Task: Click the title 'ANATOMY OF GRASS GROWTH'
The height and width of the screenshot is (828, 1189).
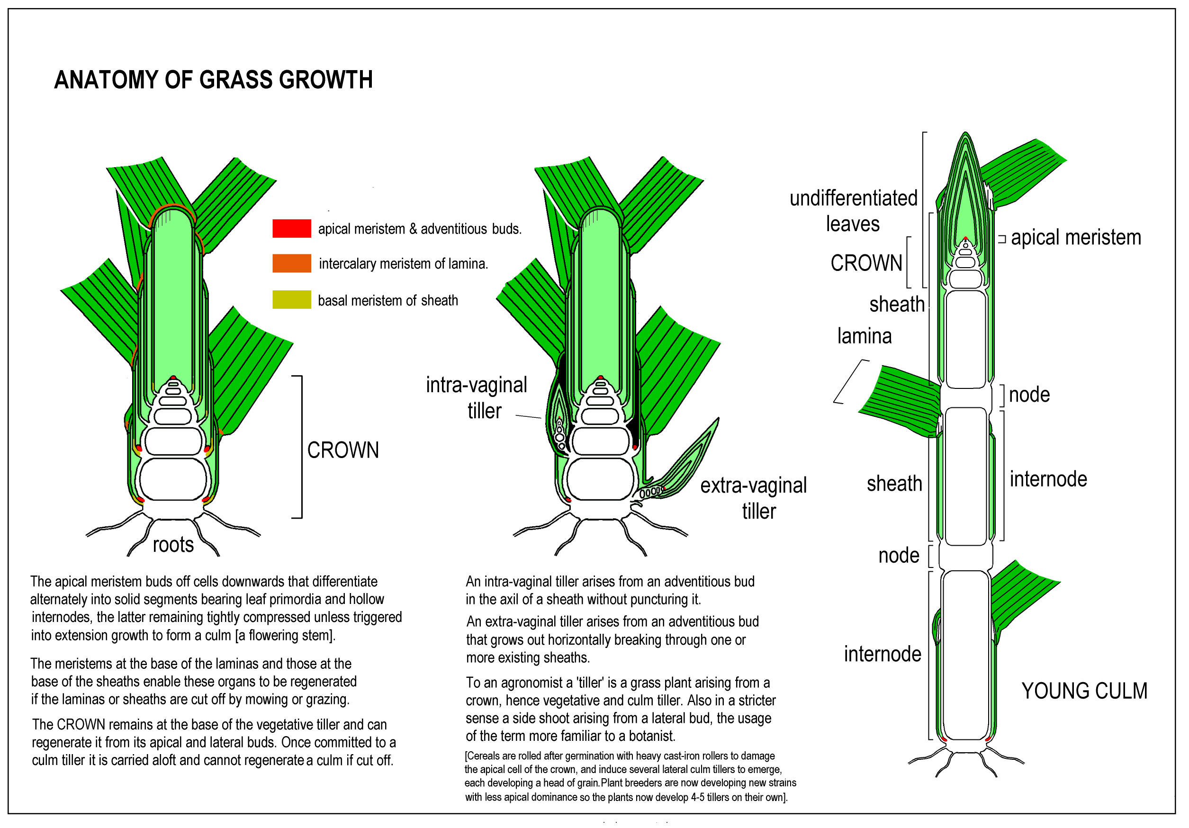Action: [x=213, y=80]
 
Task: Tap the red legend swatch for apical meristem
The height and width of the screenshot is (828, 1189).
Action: [x=291, y=228]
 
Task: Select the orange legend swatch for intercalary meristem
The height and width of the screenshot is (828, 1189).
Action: [x=291, y=263]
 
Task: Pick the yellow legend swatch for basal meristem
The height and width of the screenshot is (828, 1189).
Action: [x=291, y=300]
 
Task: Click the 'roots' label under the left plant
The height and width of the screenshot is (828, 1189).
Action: [x=173, y=545]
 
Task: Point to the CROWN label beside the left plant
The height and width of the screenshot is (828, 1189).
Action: [x=343, y=450]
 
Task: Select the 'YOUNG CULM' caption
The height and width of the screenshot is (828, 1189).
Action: [x=1084, y=691]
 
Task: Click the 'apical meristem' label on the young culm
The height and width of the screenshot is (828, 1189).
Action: [x=1076, y=238]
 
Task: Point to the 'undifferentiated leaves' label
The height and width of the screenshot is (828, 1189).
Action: [x=853, y=211]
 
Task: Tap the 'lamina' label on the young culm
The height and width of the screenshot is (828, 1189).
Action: [x=865, y=336]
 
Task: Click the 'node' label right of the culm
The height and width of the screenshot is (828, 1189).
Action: [x=1029, y=395]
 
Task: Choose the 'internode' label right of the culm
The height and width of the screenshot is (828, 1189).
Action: [x=1048, y=479]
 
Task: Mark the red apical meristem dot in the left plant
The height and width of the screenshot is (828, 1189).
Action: [x=174, y=378]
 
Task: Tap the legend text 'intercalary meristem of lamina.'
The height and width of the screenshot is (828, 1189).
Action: [x=403, y=263]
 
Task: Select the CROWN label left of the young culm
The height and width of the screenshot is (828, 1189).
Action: [x=866, y=263]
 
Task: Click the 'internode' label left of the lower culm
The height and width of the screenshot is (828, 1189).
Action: [x=883, y=654]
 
